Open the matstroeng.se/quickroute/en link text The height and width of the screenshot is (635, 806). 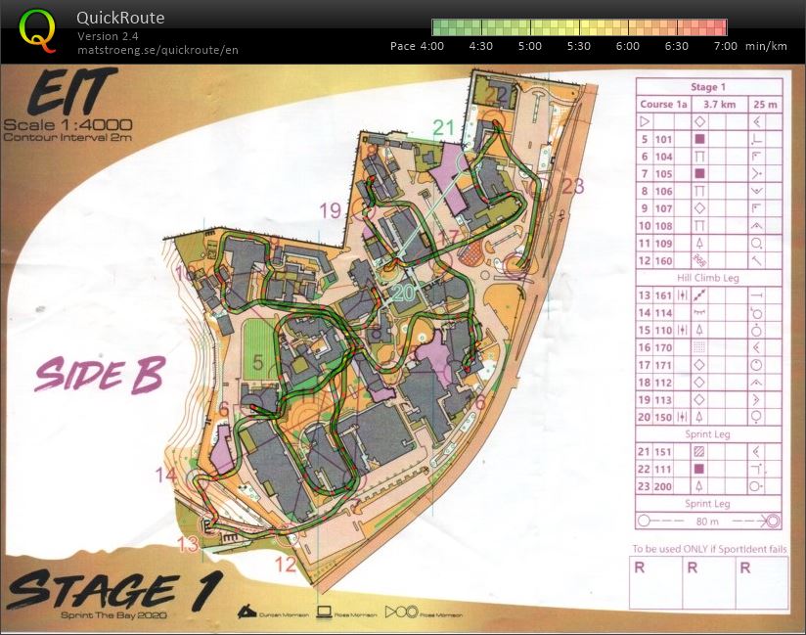pos(157,50)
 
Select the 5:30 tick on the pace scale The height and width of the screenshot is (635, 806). pos(579,46)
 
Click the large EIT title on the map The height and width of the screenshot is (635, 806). pos(67,96)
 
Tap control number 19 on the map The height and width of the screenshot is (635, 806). pos(330,209)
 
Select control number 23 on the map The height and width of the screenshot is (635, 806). pos(572,186)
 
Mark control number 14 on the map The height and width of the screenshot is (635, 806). pos(165,476)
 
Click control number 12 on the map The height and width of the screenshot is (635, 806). pos(285,564)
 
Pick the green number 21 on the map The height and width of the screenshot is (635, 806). pos(444,126)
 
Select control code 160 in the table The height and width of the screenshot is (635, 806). pos(665,261)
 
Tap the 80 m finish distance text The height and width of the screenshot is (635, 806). pos(707,522)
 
